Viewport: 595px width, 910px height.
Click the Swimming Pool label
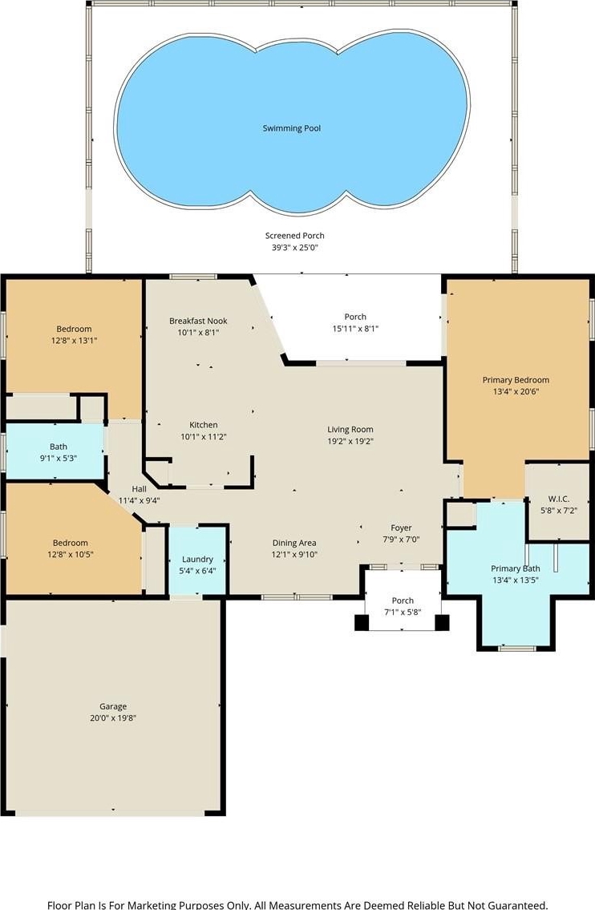[x=291, y=128]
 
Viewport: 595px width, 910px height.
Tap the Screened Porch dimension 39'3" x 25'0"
[x=295, y=247]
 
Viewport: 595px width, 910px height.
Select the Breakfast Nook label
[x=199, y=321]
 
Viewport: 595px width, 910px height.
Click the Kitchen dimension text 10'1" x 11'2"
[x=203, y=436]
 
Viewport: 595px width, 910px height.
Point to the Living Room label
[x=350, y=430]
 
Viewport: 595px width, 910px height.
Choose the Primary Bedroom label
[x=516, y=380]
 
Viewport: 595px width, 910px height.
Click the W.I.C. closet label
[x=558, y=499]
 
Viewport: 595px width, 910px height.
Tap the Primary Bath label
[x=516, y=568]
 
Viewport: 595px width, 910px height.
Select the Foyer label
[x=401, y=528]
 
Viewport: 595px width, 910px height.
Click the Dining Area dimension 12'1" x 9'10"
[x=294, y=554]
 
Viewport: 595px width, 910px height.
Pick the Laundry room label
[x=197, y=560]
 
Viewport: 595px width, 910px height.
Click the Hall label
[x=140, y=489]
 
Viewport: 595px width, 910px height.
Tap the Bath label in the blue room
[x=58, y=447]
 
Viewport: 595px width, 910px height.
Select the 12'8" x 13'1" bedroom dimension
[x=75, y=341]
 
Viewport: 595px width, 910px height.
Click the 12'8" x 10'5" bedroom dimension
[x=71, y=554]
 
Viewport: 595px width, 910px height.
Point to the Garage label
[x=112, y=706]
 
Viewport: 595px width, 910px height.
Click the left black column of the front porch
[x=362, y=623]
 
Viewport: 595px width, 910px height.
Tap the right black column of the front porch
[x=443, y=623]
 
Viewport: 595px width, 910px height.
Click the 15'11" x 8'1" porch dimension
[x=355, y=329]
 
